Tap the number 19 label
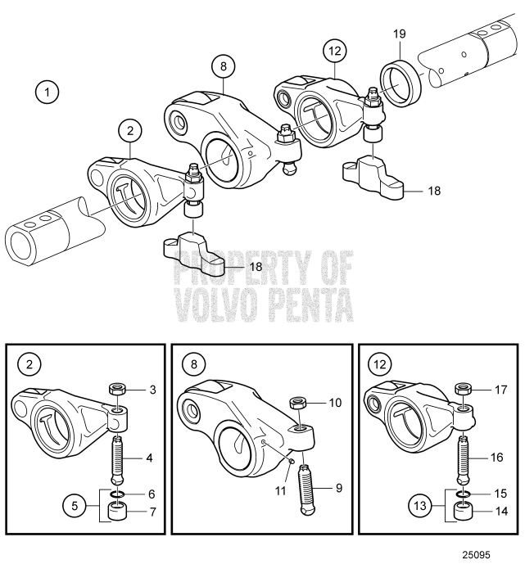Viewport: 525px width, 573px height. tap(399, 34)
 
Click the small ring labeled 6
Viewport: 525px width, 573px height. tap(115, 494)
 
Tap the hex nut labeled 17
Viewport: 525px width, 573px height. tap(464, 389)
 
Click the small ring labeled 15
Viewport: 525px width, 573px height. tap(464, 494)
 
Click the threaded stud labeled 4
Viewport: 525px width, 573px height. tap(115, 458)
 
